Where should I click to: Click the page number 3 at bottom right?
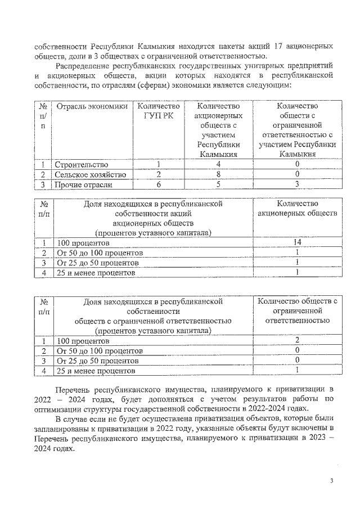click(x=332, y=481)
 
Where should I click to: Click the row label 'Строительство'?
click(x=81, y=164)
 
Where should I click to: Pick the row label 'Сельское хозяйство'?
click(x=90, y=174)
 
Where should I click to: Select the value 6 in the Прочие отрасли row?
click(x=159, y=184)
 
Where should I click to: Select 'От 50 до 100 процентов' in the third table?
click(x=100, y=351)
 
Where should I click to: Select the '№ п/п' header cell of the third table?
click(x=43, y=307)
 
